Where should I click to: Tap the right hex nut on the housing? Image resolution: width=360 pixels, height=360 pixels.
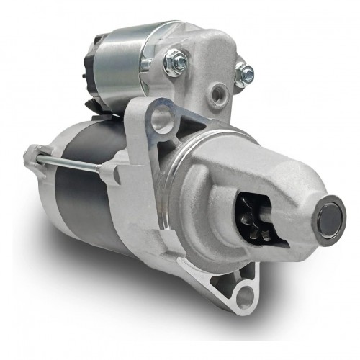coord(245,73)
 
